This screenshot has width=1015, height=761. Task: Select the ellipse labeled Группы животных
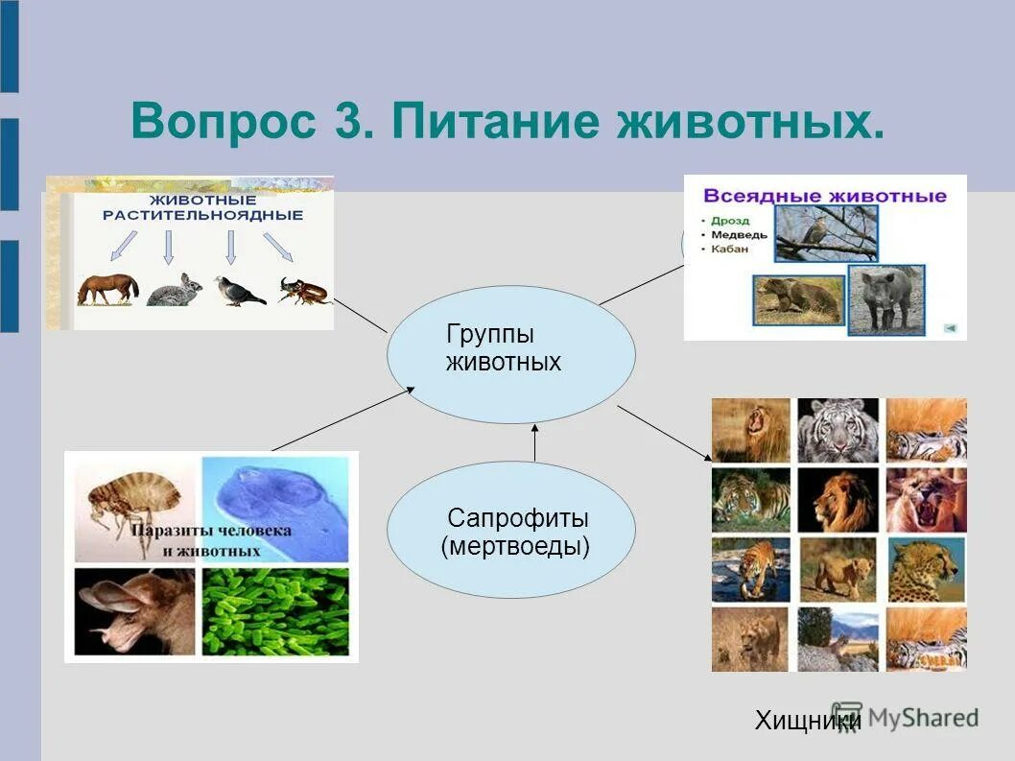pyautogui.click(x=510, y=354)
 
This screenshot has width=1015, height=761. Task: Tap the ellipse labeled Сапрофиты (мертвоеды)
pyautogui.click(x=510, y=531)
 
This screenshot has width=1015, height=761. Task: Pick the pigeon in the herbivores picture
pyautogui.click(x=239, y=291)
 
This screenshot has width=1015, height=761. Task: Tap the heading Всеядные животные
pyautogui.click(x=824, y=196)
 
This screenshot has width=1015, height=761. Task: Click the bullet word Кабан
pyautogui.click(x=730, y=250)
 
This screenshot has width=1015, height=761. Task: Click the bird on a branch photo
pyautogui.click(x=825, y=234)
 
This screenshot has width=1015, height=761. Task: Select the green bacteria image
pyautogui.click(x=275, y=611)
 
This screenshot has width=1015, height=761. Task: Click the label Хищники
pyautogui.click(x=806, y=721)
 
